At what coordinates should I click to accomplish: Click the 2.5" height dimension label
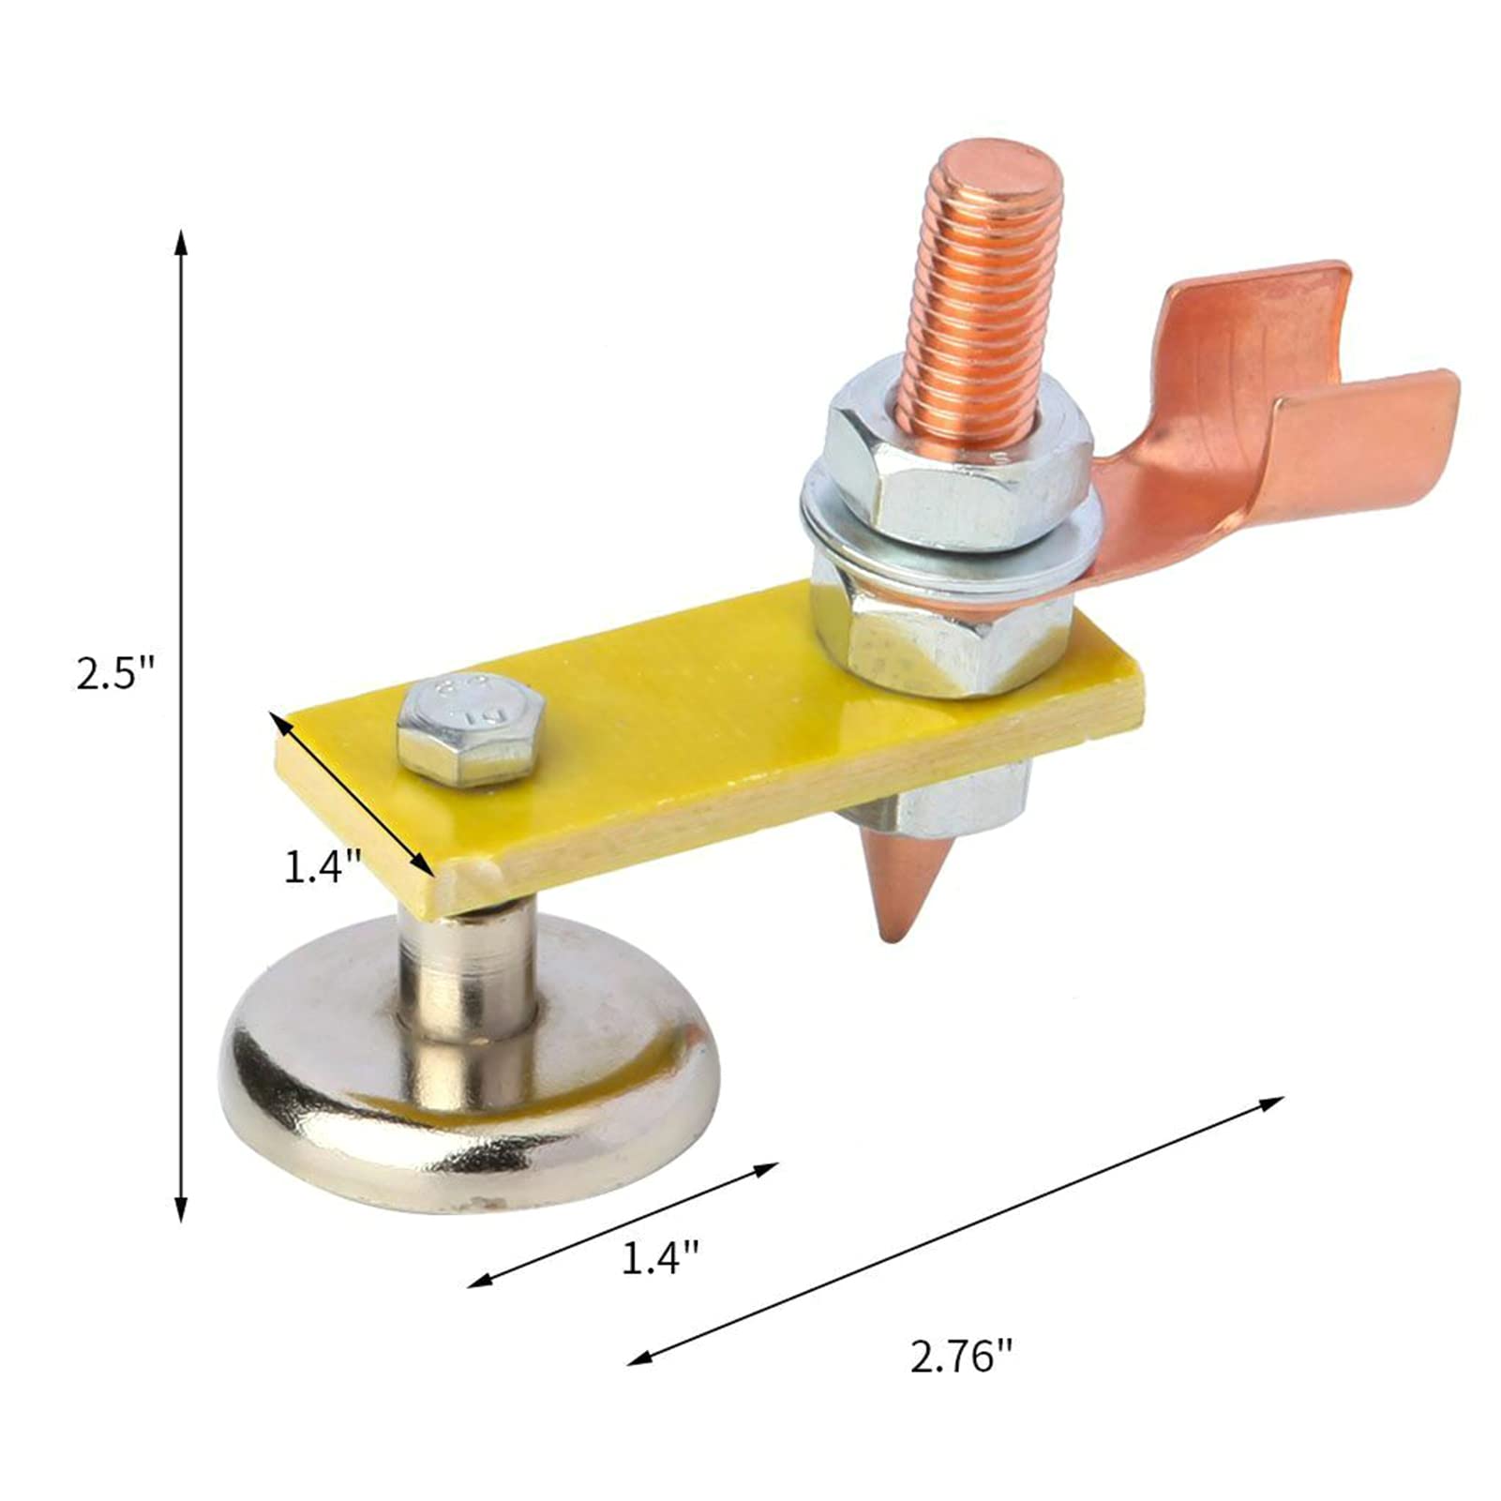[x=114, y=673]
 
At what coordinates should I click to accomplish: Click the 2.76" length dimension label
[x=962, y=1357]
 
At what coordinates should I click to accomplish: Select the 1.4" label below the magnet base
[x=661, y=1257]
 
